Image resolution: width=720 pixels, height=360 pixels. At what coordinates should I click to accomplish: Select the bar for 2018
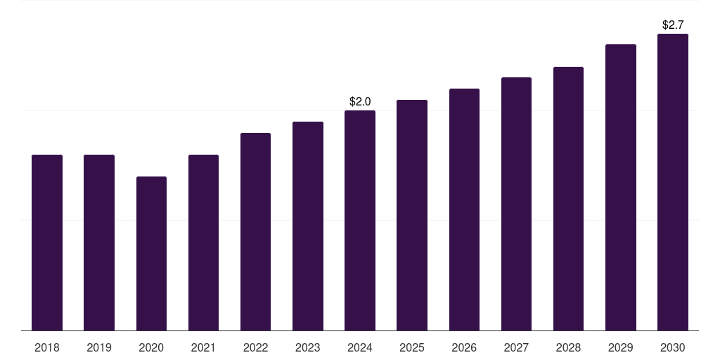(47, 243)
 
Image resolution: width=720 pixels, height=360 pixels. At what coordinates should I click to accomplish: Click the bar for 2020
(151, 253)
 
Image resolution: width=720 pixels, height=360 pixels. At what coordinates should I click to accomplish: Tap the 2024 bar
(360, 220)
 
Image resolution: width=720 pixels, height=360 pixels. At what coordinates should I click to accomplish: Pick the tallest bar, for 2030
(673, 182)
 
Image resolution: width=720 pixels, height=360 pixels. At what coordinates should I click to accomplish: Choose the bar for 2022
(255, 231)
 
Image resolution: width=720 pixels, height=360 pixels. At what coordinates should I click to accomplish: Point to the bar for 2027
(516, 204)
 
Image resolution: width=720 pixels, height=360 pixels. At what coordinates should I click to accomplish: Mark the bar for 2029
(621, 187)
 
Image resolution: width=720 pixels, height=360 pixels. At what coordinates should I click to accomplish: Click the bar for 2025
(412, 215)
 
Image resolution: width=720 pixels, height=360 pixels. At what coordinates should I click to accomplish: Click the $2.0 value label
(360, 102)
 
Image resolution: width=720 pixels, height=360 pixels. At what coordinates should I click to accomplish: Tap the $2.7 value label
(673, 25)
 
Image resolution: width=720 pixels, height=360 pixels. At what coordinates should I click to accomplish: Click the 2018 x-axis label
(47, 347)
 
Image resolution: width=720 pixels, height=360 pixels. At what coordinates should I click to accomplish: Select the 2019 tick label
(99, 347)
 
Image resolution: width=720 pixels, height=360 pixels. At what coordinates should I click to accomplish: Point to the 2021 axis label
(203, 347)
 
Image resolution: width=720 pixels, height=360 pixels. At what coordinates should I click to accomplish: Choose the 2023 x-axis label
(308, 347)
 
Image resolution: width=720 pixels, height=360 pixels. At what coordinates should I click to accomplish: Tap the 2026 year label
(464, 347)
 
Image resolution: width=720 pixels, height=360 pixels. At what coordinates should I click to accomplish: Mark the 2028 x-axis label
(568, 347)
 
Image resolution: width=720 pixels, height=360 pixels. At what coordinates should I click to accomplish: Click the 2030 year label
(673, 347)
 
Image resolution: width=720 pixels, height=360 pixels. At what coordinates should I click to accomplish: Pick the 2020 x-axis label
(151, 347)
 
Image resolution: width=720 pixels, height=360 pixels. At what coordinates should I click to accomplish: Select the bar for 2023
(308, 226)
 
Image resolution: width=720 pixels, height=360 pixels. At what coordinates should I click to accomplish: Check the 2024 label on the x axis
(360, 347)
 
